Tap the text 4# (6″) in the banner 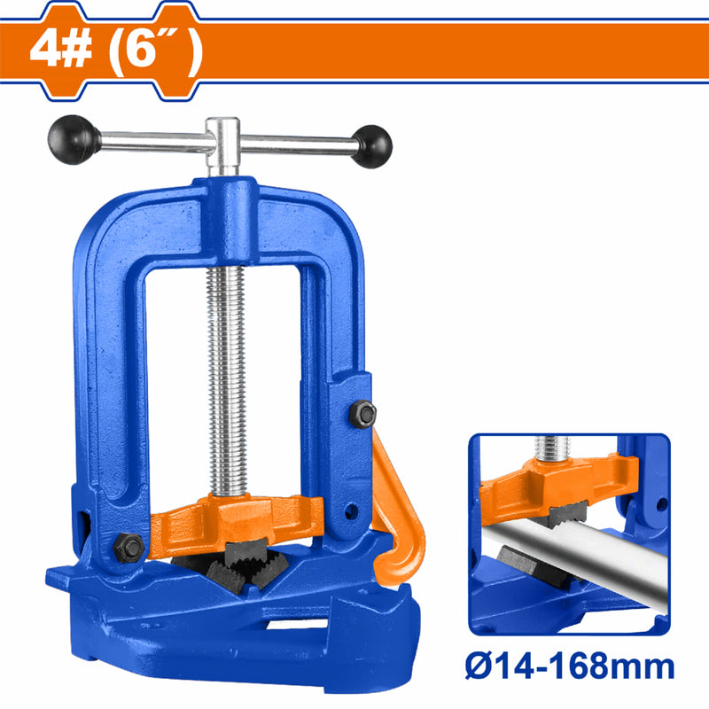[115, 51]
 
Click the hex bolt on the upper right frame [362, 412]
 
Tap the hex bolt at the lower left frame [129, 547]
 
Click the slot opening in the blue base [292, 626]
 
